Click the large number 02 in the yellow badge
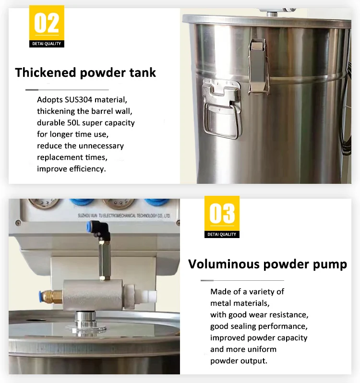[47, 23]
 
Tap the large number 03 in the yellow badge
[222, 214]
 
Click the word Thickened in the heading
[46, 72]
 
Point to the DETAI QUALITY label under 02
[47, 44]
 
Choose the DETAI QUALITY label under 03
[222, 234]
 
